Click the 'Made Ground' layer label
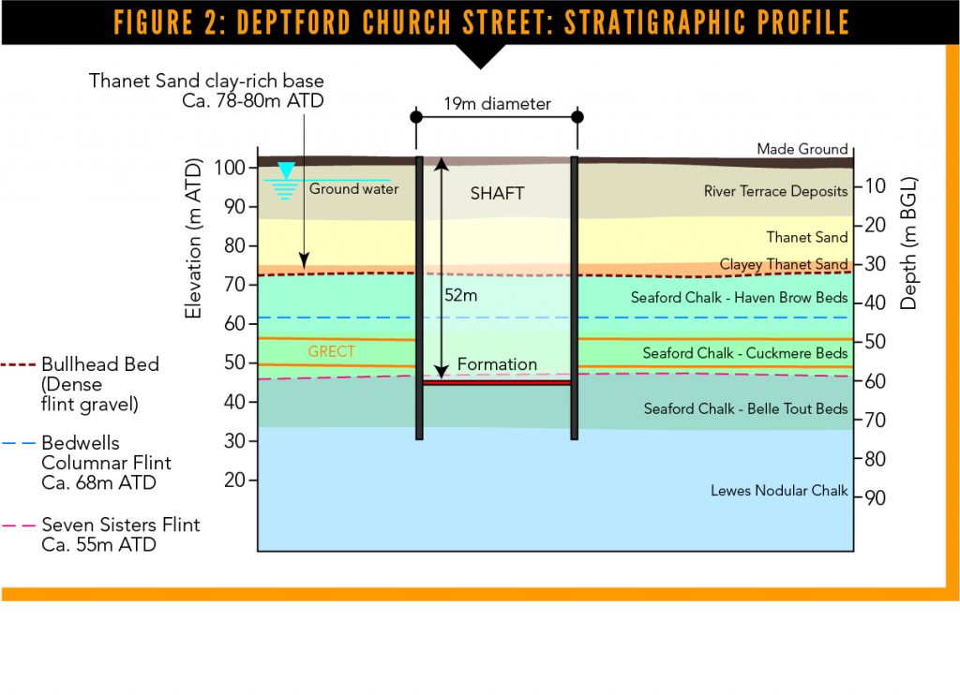(x=802, y=149)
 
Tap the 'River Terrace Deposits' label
(x=775, y=191)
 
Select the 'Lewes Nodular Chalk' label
(x=779, y=490)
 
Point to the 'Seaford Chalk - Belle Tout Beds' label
(x=745, y=408)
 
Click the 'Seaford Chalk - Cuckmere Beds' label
(x=745, y=353)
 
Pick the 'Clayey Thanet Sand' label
(x=784, y=264)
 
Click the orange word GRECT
(x=331, y=351)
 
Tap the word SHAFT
(x=497, y=193)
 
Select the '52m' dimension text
(x=461, y=295)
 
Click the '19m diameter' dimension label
(x=497, y=104)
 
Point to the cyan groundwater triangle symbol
(x=286, y=170)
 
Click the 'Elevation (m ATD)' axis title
(x=193, y=238)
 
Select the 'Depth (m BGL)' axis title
(x=908, y=243)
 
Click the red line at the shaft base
(x=497, y=383)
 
